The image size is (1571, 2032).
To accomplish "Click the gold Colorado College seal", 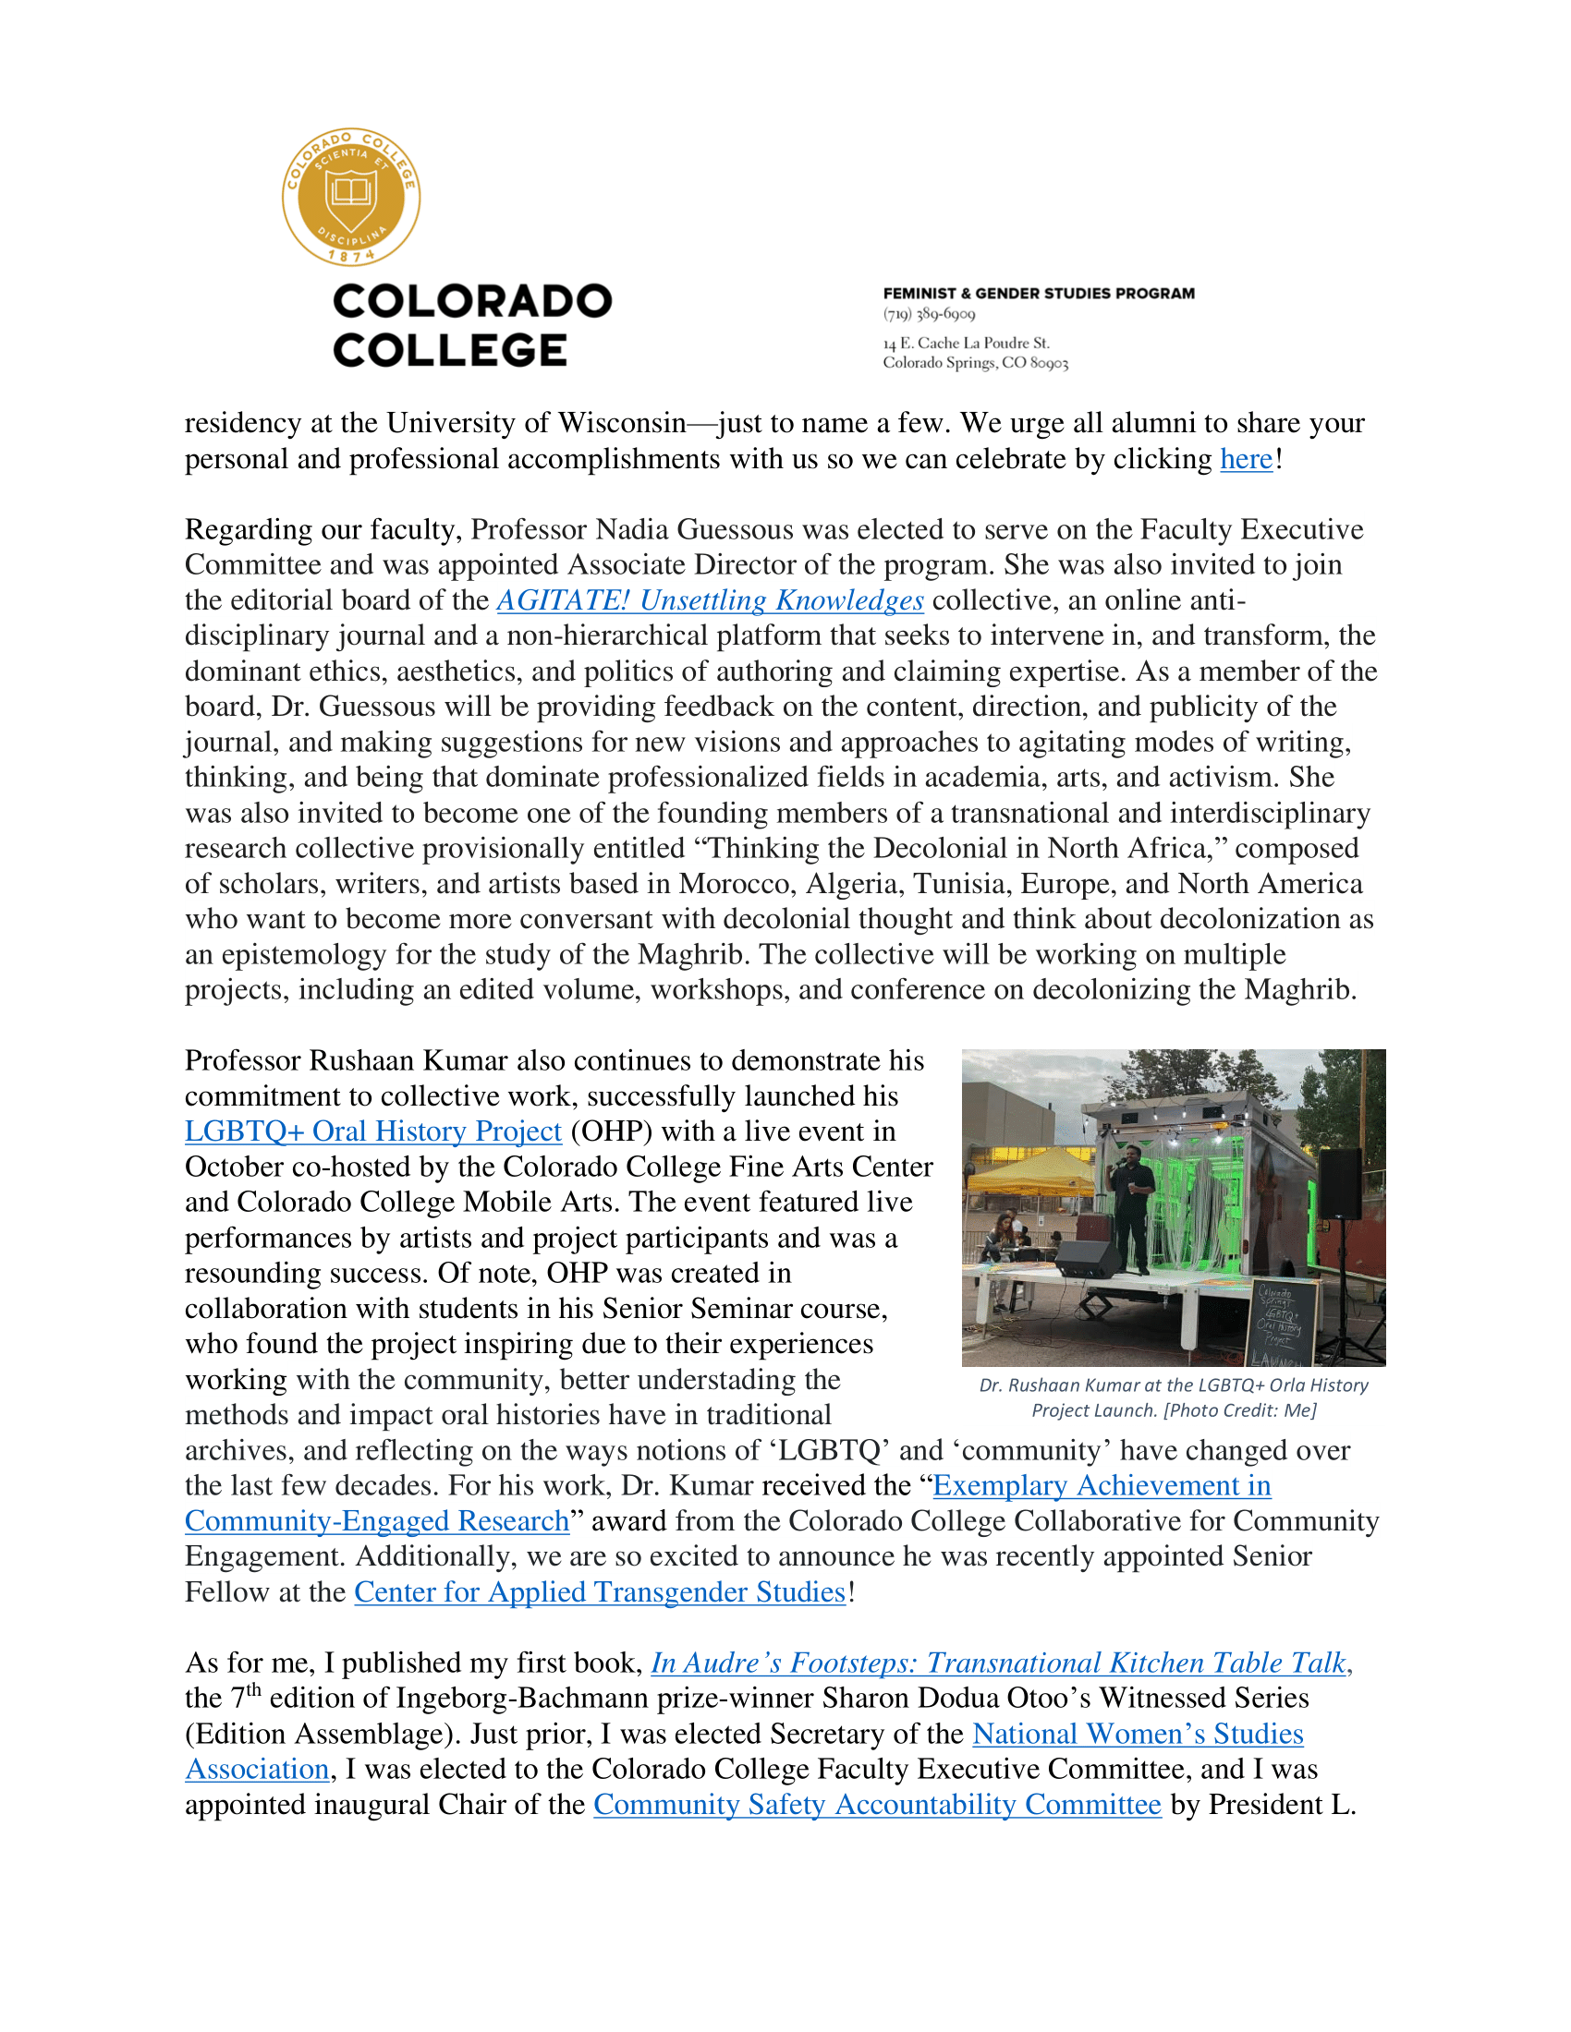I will [351, 198].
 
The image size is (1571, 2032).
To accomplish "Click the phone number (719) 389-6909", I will [929, 314].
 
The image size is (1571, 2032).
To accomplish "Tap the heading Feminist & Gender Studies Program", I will [1039, 294].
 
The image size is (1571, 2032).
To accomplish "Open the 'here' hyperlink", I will [1247, 460].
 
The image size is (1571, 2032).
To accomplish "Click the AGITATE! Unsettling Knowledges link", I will [710, 601].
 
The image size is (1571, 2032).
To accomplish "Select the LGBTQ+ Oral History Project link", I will [373, 1131].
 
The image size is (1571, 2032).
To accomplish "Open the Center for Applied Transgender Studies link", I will [600, 1592].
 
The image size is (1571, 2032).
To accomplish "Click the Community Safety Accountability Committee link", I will [877, 1805].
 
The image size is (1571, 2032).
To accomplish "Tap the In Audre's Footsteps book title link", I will [998, 1663].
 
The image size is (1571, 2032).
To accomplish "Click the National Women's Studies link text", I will [1138, 1735].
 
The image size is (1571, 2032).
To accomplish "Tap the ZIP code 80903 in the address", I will [1049, 363].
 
